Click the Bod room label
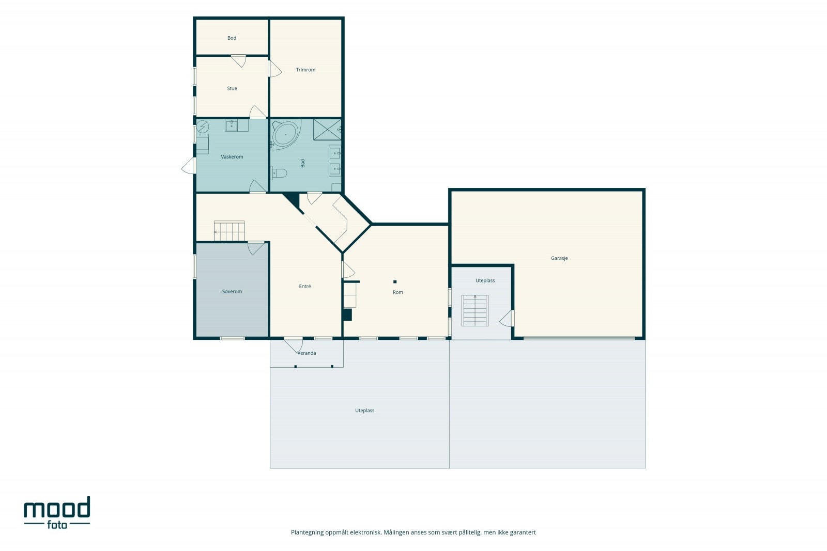(x=232, y=38)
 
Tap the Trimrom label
(x=305, y=70)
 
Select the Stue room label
(x=232, y=88)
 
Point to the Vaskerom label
(x=232, y=157)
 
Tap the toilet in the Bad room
(x=279, y=172)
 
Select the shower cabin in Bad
(x=327, y=130)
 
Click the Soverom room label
(x=232, y=291)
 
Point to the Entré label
(x=304, y=286)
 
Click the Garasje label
(x=559, y=258)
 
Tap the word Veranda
(x=307, y=353)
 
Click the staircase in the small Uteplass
(x=475, y=310)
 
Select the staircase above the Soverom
(x=229, y=231)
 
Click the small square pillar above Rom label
(x=395, y=282)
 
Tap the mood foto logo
(x=57, y=513)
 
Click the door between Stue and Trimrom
(x=274, y=69)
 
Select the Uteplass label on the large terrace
(x=364, y=411)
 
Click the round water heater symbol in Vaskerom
(x=202, y=127)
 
